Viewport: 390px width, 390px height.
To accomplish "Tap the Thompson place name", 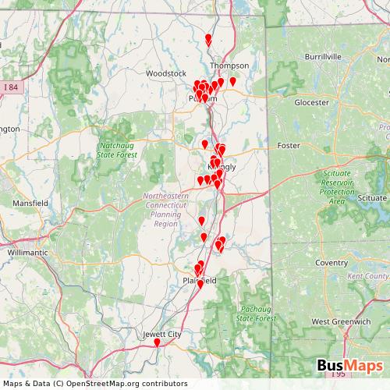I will click(229, 66).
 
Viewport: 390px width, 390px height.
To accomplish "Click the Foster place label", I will click(289, 145).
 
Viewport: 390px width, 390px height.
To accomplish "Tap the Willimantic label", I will click(27, 253).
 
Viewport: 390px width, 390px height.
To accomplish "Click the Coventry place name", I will click(331, 263).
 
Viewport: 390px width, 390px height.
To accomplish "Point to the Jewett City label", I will click(162, 334).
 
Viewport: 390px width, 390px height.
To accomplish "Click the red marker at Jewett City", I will click(157, 342).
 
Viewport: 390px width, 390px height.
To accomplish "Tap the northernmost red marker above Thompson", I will click(207, 39).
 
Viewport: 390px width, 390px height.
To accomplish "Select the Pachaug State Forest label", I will click(256, 314).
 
